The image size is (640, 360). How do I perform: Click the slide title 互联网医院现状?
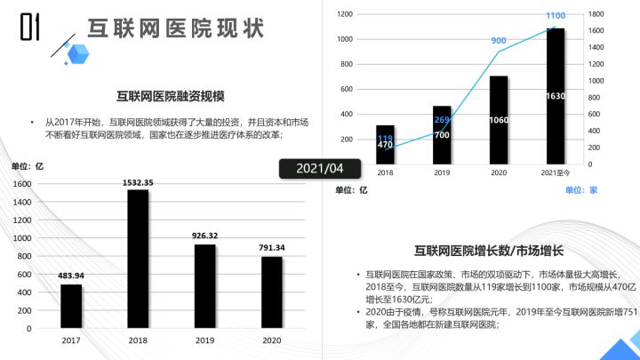click(175, 28)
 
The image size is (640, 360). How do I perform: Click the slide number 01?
click(29, 28)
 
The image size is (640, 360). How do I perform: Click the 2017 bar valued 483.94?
click(71, 306)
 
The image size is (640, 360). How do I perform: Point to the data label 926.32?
click(204, 236)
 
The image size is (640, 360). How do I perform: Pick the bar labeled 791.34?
click(271, 292)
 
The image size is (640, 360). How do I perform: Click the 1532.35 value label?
click(138, 181)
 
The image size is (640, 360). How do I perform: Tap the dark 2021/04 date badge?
click(319, 168)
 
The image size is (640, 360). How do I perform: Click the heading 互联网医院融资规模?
click(170, 96)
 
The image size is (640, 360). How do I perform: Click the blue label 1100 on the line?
click(555, 15)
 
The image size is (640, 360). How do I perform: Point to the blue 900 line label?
click(499, 41)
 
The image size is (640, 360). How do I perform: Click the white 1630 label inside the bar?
click(555, 96)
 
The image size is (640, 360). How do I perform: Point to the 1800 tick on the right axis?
click(596, 14)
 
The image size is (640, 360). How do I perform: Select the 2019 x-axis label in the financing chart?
click(204, 340)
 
